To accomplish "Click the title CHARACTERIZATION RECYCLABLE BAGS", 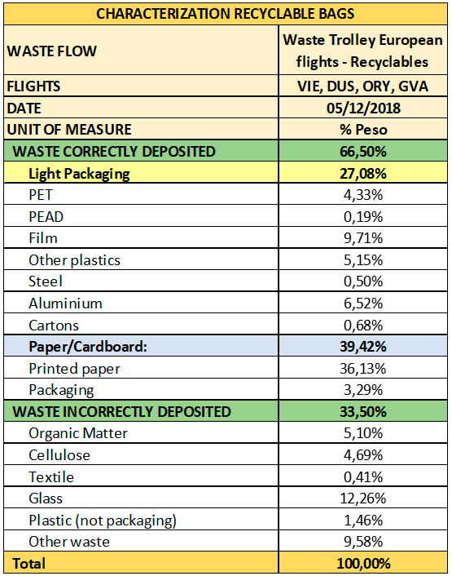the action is [225, 14].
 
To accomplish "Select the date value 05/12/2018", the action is [363, 108].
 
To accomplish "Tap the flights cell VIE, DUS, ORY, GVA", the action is [362, 86].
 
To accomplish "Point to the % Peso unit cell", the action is [363, 129].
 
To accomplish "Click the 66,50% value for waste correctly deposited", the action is [363, 152].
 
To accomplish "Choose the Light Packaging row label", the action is [79, 174].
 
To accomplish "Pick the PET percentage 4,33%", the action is [363, 195].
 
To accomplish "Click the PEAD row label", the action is [46, 217].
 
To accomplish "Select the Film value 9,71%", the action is [363, 238].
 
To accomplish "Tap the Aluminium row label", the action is [65, 304].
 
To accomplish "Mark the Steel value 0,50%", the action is [363, 281].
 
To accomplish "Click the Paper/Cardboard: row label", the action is [88, 347].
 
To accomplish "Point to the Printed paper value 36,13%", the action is [363, 369].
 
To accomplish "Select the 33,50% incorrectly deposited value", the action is [363, 412].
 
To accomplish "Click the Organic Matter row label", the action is [78, 433].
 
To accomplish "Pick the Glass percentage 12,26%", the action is [363, 498].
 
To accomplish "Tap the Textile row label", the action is [51, 476].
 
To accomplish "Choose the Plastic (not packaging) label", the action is [103, 521].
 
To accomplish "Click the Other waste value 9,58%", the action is [363, 542].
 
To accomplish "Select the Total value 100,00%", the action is [363, 564].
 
